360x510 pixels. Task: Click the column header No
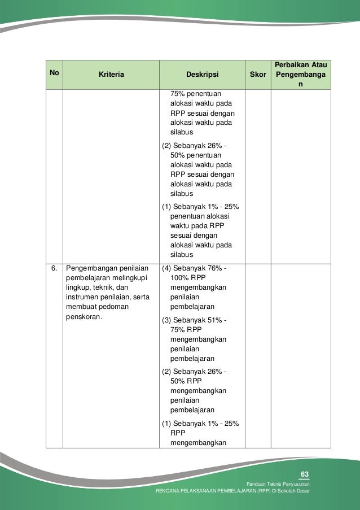click(x=54, y=73)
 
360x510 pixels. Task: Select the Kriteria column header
click(x=111, y=73)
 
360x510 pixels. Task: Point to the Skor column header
click(x=258, y=73)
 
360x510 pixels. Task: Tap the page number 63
click(x=305, y=473)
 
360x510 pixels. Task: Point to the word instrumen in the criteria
click(x=81, y=297)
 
